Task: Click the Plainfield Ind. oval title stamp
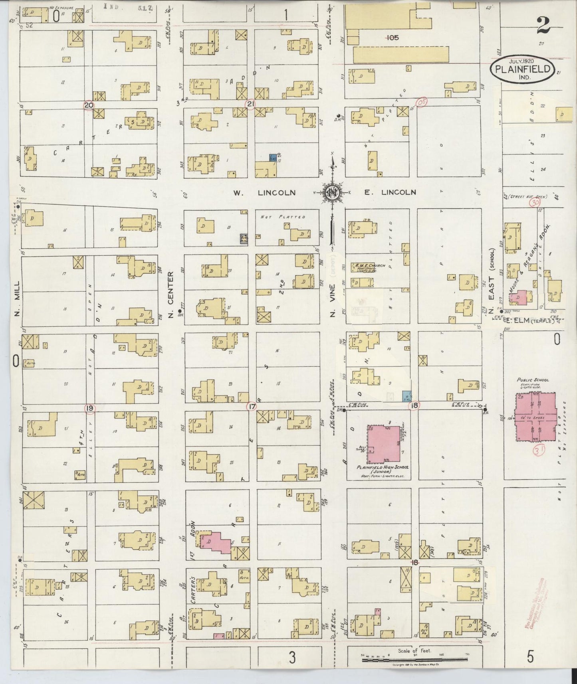522,69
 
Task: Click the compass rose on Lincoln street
331,193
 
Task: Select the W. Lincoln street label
264,193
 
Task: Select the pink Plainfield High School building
384,444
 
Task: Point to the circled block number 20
89,105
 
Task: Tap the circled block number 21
250,105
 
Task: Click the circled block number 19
89,408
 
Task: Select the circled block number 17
252,407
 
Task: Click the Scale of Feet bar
415,660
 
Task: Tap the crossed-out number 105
392,38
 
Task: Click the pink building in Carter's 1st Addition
216,542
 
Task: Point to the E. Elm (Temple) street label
531,320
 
